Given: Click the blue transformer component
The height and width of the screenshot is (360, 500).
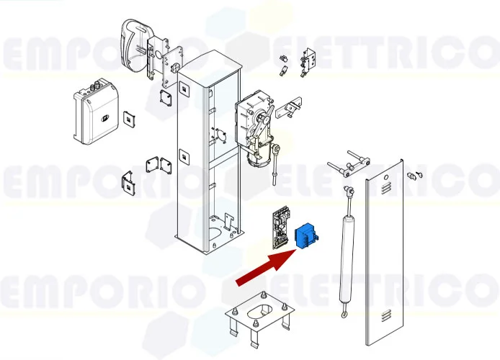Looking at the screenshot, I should (x=306, y=235).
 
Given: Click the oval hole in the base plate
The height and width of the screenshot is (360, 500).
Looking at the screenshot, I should (x=259, y=312).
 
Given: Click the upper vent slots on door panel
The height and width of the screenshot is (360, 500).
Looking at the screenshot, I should (x=385, y=186).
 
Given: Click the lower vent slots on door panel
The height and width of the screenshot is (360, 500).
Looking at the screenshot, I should (x=387, y=315).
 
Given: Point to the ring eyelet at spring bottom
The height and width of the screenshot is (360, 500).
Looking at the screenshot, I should (x=346, y=313).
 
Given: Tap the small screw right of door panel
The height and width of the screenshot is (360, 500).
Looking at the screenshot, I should (x=415, y=174).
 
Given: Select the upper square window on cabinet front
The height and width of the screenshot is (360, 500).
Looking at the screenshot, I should (x=184, y=90).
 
